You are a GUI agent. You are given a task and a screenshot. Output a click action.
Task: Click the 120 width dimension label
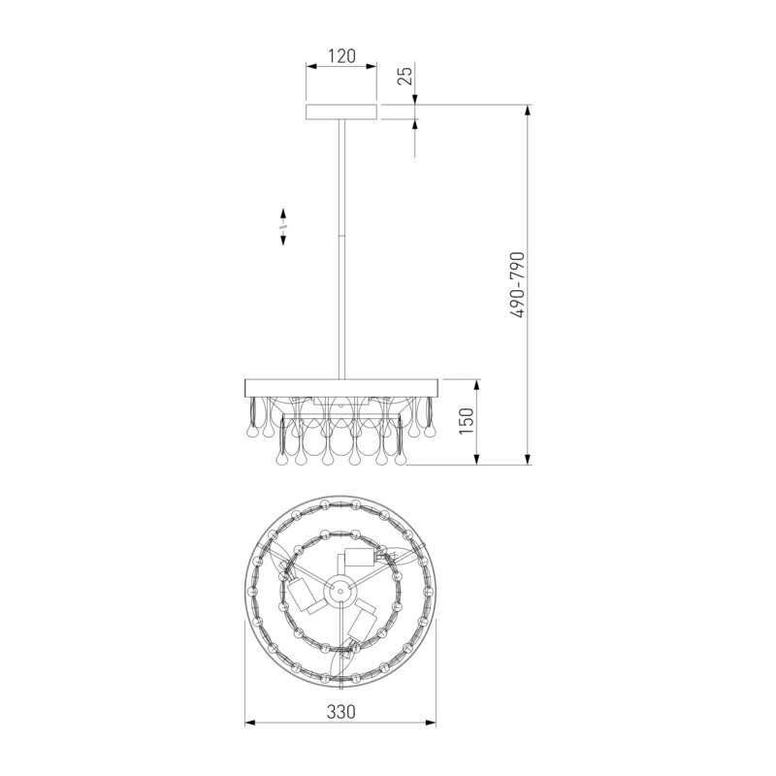pos(342,56)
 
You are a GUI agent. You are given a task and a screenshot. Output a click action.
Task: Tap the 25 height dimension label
pos(405,76)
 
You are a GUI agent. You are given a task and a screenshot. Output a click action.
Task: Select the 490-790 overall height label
pos(517,284)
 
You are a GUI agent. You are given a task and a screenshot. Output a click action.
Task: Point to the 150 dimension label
pos(467,421)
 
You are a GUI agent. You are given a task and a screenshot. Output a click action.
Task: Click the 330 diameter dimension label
pos(341,712)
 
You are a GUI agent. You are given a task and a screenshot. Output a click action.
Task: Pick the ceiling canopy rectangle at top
pos(341,113)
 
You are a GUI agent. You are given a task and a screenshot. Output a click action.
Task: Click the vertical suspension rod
pos(341,249)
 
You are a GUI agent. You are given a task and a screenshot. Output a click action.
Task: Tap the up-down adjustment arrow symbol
pos(283,227)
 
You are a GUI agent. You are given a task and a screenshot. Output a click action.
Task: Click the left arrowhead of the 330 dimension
pos(250,723)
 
